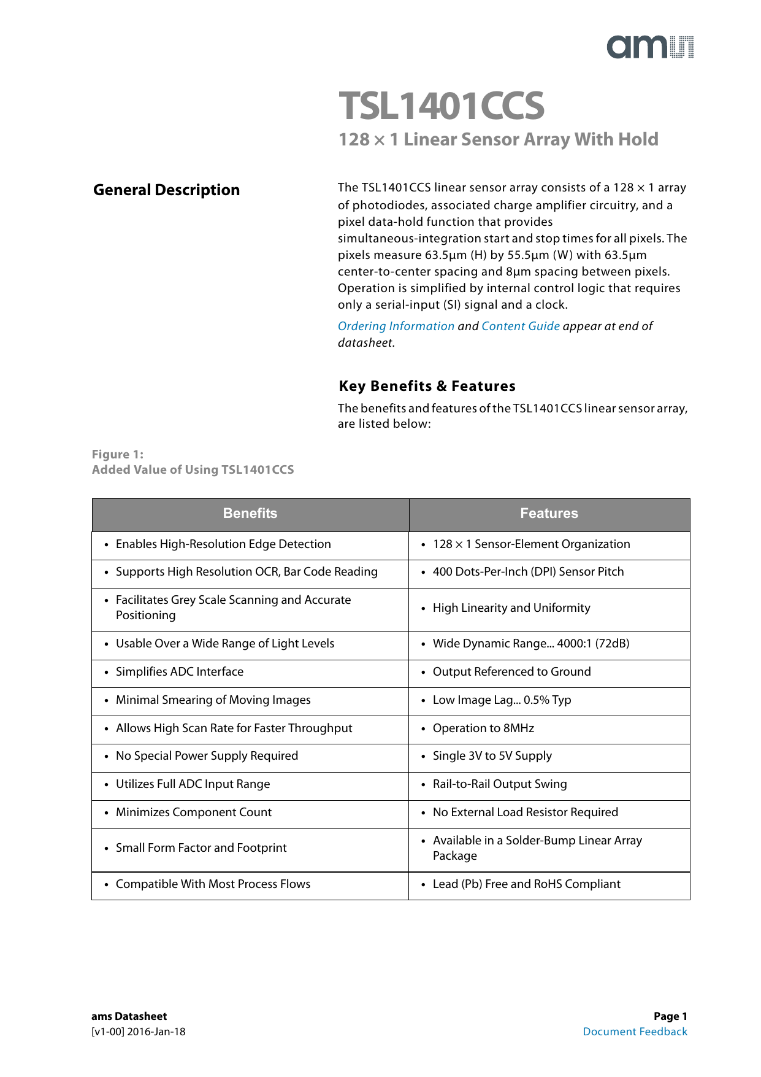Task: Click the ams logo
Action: [x=650, y=47]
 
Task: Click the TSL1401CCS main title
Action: [x=442, y=106]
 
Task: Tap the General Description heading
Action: [x=166, y=190]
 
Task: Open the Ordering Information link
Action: [x=396, y=326]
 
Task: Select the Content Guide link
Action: [x=521, y=326]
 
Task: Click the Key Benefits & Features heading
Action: [x=427, y=386]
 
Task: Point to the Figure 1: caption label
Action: [x=118, y=455]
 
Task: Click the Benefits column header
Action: [x=250, y=514]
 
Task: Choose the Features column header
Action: [x=549, y=514]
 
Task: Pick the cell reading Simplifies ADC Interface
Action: [x=180, y=672]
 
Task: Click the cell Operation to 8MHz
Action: [x=483, y=728]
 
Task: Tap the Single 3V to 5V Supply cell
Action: [x=492, y=756]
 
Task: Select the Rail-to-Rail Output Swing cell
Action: [x=500, y=784]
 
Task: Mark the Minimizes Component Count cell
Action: [x=194, y=813]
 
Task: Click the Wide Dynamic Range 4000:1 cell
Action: [x=531, y=644]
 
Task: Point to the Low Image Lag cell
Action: [x=502, y=700]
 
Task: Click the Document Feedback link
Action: [x=635, y=1032]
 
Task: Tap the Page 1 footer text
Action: [x=670, y=1016]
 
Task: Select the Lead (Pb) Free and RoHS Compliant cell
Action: [x=526, y=884]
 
